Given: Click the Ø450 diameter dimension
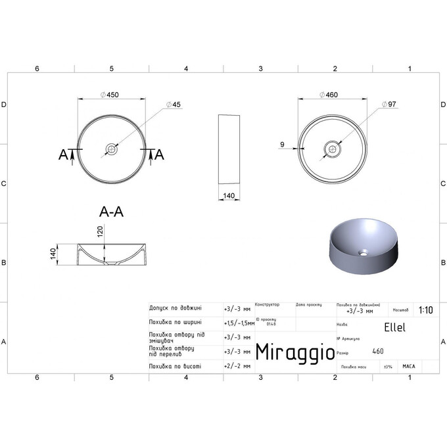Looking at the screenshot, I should [x=112, y=95].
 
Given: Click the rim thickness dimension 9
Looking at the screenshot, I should [x=281, y=144].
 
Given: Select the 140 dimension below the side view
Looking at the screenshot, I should [x=229, y=195].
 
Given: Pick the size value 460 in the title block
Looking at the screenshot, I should [x=378, y=352].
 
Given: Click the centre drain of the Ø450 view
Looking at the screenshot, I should [x=112, y=150].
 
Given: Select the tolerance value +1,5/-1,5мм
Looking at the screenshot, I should [x=239, y=323].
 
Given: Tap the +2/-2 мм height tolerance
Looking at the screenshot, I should [x=237, y=365].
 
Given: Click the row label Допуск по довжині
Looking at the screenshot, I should [x=176, y=308].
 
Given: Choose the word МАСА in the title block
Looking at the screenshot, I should [x=408, y=366].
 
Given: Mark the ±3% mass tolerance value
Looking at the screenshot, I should [x=387, y=366].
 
